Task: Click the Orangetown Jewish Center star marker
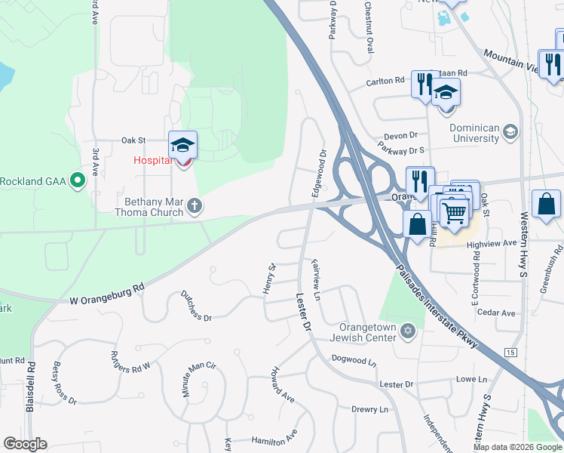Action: tap(408, 331)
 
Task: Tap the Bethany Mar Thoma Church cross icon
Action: tap(195, 205)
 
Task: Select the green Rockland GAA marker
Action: tap(77, 180)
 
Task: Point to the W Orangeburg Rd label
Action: tap(106, 296)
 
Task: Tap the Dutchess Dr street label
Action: tap(195, 306)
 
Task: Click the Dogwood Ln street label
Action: tap(353, 360)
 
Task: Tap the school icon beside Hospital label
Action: tap(182, 145)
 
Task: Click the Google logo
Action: tap(25, 444)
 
